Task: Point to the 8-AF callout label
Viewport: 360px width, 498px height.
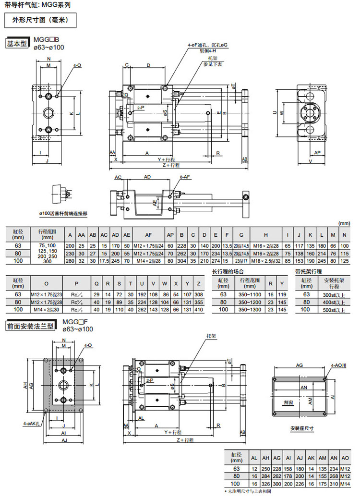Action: (185, 177)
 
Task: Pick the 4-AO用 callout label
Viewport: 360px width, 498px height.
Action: (339, 365)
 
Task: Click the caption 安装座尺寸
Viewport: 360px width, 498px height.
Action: (302, 428)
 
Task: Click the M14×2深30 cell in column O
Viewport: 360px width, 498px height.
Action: (46, 310)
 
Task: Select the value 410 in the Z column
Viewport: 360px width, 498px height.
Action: (198, 310)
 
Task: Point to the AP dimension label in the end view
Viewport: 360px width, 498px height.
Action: (317, 153)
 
